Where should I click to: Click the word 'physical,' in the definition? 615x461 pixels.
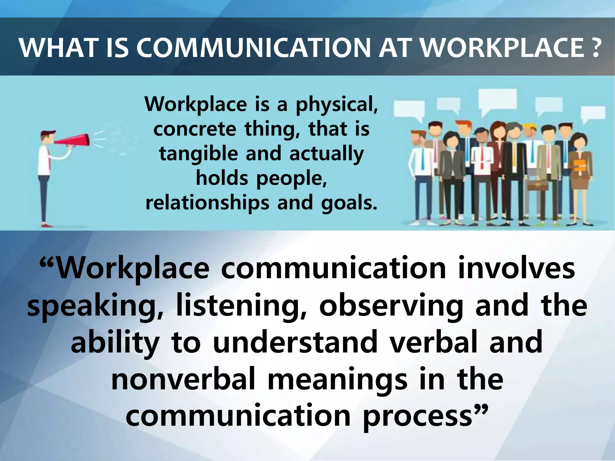(337, 105)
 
